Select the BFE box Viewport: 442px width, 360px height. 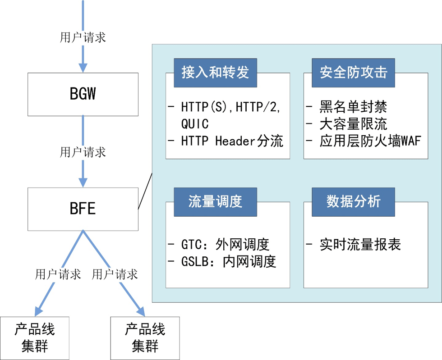click(x=83, y=209)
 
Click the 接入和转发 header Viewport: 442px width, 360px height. click(x=215, y=73)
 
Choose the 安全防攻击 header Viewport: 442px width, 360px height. click(x=353, y=73)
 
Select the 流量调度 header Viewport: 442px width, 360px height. click(x=215, y=201)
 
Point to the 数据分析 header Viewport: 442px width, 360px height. click(x=353, y=201)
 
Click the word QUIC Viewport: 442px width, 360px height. click(x=195, y=123)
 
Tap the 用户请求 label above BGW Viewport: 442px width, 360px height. click(x=83, y=37)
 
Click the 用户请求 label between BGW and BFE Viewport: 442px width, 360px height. click(x=83, y=152)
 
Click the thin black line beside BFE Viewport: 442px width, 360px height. click(x=145, y=191)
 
